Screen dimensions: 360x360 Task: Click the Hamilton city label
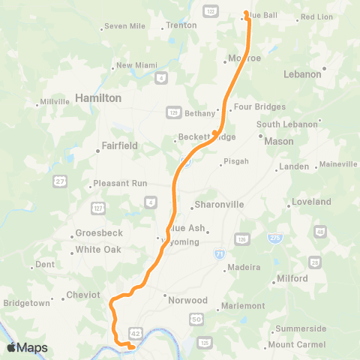97,98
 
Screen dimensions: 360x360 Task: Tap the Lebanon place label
302,74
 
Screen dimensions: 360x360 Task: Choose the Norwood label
187,300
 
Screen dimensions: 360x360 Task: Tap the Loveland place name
312,202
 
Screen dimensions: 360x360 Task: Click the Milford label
292,278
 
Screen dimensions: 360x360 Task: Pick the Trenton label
181,25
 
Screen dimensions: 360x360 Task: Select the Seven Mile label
124,26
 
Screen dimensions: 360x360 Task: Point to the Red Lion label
316,16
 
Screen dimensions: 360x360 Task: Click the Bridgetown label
27,303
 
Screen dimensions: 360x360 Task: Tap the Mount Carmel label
295,344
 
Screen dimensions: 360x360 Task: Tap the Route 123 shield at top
209,12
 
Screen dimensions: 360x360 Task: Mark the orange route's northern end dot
246,12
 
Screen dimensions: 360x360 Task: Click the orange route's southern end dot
131,346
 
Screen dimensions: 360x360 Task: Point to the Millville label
54,102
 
